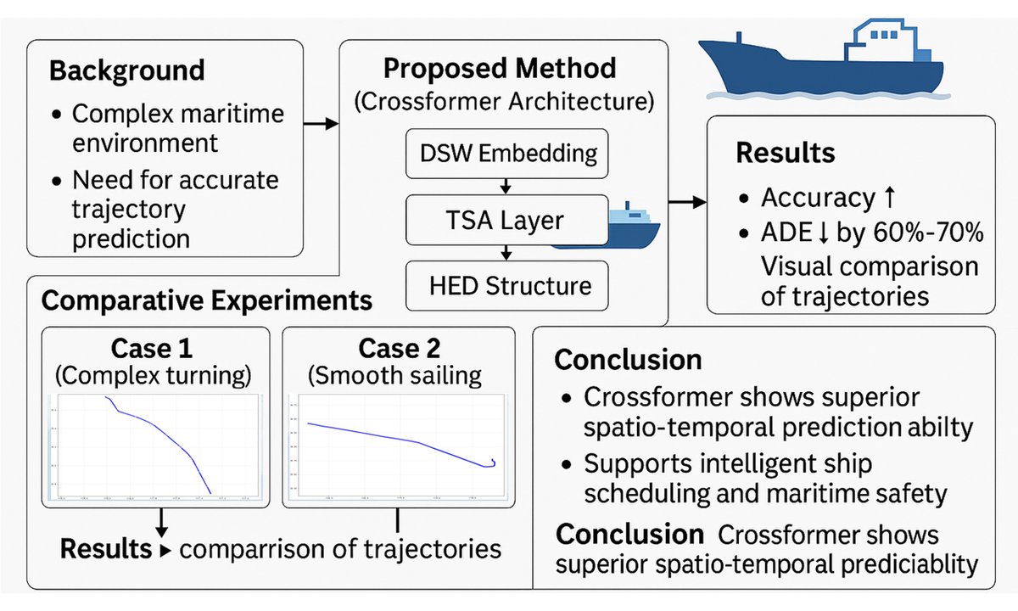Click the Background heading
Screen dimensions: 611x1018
pos(127,70)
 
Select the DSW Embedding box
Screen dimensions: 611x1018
pos(507,154)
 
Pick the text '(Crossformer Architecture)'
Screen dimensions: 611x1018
pos(504,103)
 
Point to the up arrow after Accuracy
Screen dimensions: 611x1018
pos(889,198)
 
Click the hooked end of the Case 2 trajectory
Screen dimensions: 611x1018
pos(491,462)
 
